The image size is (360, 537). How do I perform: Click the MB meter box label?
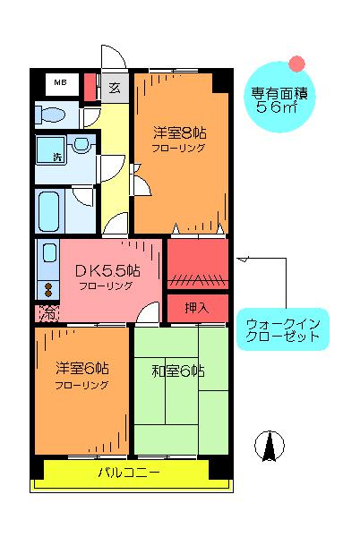60,82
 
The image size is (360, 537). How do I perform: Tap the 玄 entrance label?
115,88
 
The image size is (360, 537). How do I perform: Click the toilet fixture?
50,114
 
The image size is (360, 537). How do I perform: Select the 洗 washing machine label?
58,157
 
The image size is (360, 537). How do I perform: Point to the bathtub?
48,211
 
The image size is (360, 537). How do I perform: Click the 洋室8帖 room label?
179,132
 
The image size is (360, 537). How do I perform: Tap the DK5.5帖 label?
107,271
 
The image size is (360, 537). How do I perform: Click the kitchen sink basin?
49,252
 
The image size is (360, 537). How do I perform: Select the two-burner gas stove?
48,290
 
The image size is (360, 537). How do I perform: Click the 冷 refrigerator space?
47,313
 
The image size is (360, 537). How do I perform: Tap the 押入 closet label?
196,308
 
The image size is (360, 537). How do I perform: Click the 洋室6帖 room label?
82,368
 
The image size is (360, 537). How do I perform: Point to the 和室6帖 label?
178,371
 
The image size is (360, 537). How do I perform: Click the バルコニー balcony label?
129,473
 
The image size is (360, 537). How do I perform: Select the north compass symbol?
270,445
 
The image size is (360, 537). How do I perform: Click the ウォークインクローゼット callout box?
283,329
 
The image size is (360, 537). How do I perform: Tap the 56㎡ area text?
276,107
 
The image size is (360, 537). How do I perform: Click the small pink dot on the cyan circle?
296,64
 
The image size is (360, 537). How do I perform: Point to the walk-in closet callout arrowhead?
243,259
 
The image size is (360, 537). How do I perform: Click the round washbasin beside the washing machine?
81,143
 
